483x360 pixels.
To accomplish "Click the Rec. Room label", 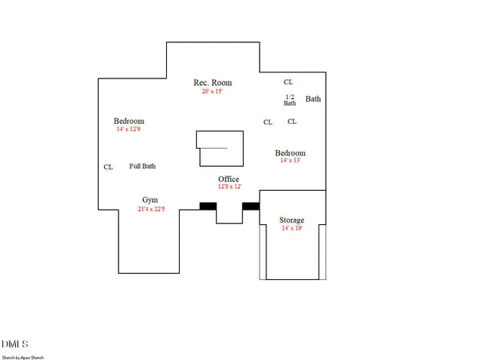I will [212, 83].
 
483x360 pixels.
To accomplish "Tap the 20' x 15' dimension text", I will [212, 91].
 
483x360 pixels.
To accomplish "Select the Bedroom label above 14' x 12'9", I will [129, 122].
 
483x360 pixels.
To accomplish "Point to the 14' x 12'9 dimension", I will [128, 130].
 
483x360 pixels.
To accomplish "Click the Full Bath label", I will [143, 166].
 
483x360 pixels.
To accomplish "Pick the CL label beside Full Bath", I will [108, 168].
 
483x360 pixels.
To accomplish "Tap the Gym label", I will [150, 200].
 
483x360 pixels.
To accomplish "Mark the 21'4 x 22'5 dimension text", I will [152, 209].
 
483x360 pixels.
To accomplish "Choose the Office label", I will [229, 179].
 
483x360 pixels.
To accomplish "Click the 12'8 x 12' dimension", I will [229, 186].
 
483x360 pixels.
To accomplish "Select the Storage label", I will [291, 220].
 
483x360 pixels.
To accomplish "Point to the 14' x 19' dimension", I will [291, 228].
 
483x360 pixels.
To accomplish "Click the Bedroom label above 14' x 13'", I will [290, 152].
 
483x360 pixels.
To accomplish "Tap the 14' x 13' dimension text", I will [290, 160].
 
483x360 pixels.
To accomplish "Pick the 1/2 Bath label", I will [290, 100].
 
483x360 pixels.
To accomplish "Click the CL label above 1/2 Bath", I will [288, 82].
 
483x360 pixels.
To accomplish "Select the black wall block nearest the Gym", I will [208, 205].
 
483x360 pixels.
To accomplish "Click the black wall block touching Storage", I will [251, 205].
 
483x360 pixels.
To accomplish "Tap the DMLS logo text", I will [15, 344].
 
